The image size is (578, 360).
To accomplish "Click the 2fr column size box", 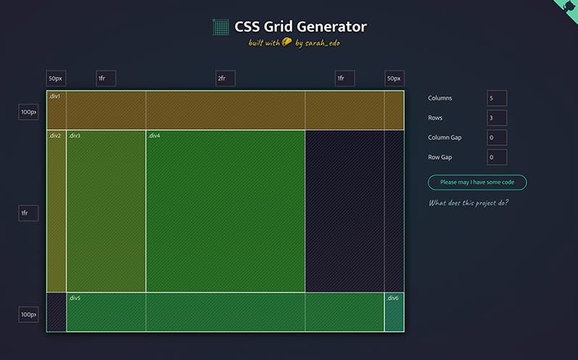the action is (226, 78).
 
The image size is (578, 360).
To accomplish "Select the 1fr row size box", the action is (28, 213).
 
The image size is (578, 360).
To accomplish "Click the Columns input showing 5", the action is (497, 98).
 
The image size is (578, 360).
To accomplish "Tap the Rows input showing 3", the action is (497, 118).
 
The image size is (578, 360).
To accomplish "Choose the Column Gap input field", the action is (497, 138).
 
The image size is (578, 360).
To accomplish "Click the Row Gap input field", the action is (497, 157).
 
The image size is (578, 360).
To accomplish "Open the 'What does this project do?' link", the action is (468, 203).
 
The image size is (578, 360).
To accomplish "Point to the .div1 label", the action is (54, 97).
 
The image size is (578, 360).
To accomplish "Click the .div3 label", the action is (75, 136).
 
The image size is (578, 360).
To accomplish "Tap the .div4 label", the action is (154, 136).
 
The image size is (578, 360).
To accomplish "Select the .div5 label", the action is (75, 298).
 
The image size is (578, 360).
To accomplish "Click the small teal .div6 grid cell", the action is (394, 312).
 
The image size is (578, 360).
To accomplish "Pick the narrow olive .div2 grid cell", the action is (57, 211).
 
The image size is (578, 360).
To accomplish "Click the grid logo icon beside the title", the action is (220, 27).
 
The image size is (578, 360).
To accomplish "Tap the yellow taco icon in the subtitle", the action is (286, 42).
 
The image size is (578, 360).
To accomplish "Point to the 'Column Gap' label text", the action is (445, 138).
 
